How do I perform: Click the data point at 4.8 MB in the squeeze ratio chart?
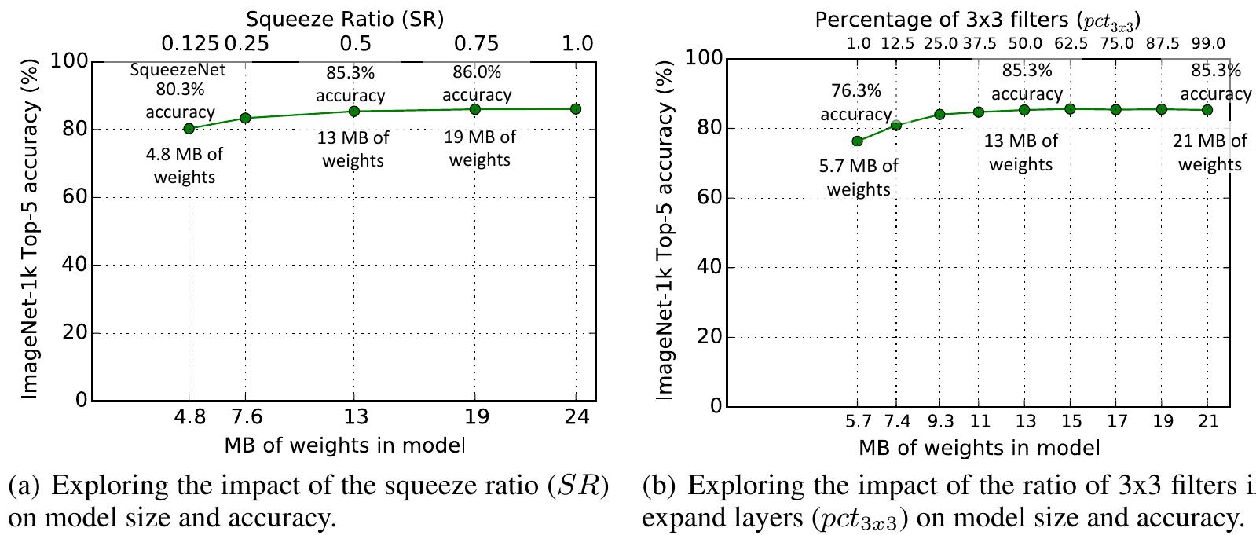pos(189,128)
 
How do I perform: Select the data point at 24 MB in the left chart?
pos(576,108)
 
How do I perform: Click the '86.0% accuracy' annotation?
pos(477,83)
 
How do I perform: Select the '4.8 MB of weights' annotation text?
pos(184,166)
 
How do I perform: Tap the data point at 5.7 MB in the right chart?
pos(857,141)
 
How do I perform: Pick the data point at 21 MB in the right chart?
pos(1207,110)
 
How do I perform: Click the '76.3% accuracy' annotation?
pos(856,103)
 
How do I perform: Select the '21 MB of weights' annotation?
pos(1210,152)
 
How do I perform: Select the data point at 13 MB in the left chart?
pos(353,111)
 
